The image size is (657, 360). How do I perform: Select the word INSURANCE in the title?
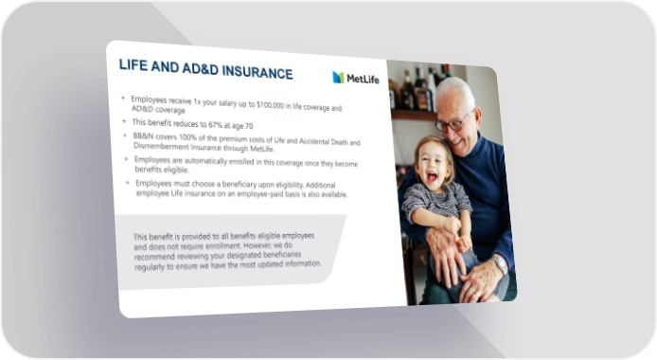click(257, 72)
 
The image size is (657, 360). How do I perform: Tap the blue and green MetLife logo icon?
click(338, 77)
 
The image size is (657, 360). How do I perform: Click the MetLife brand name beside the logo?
click(363, 79)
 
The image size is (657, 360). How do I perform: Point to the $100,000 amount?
click(270, 105)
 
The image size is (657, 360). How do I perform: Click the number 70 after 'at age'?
click(248, 126)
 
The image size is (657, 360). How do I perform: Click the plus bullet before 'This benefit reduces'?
click(124, 121)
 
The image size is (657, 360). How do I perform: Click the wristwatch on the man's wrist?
click(499, 264)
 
